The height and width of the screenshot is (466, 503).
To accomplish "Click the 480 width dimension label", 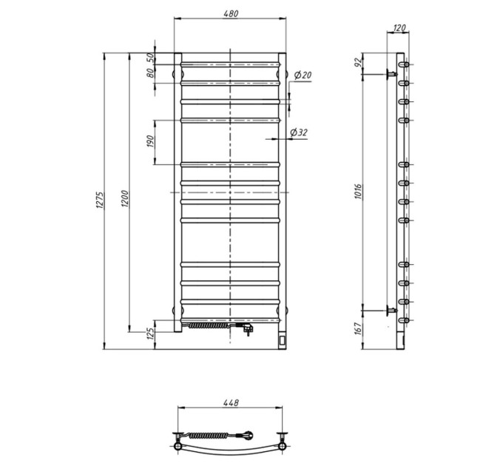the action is point(231,14).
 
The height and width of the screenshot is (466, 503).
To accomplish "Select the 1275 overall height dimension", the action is point(100,200).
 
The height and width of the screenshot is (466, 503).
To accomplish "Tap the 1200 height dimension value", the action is point(125,199).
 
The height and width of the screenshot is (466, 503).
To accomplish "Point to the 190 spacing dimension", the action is point(151,141).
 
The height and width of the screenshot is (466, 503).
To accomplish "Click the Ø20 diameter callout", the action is point(303,75).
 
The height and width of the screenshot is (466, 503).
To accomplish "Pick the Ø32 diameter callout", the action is point(299,132).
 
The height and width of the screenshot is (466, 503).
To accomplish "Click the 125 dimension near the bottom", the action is point(151,334).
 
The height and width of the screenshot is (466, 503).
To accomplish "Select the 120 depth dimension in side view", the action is point(399,28).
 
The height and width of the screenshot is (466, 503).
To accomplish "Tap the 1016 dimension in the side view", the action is point(358,192).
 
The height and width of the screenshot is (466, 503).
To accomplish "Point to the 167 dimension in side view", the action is point(358,329).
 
